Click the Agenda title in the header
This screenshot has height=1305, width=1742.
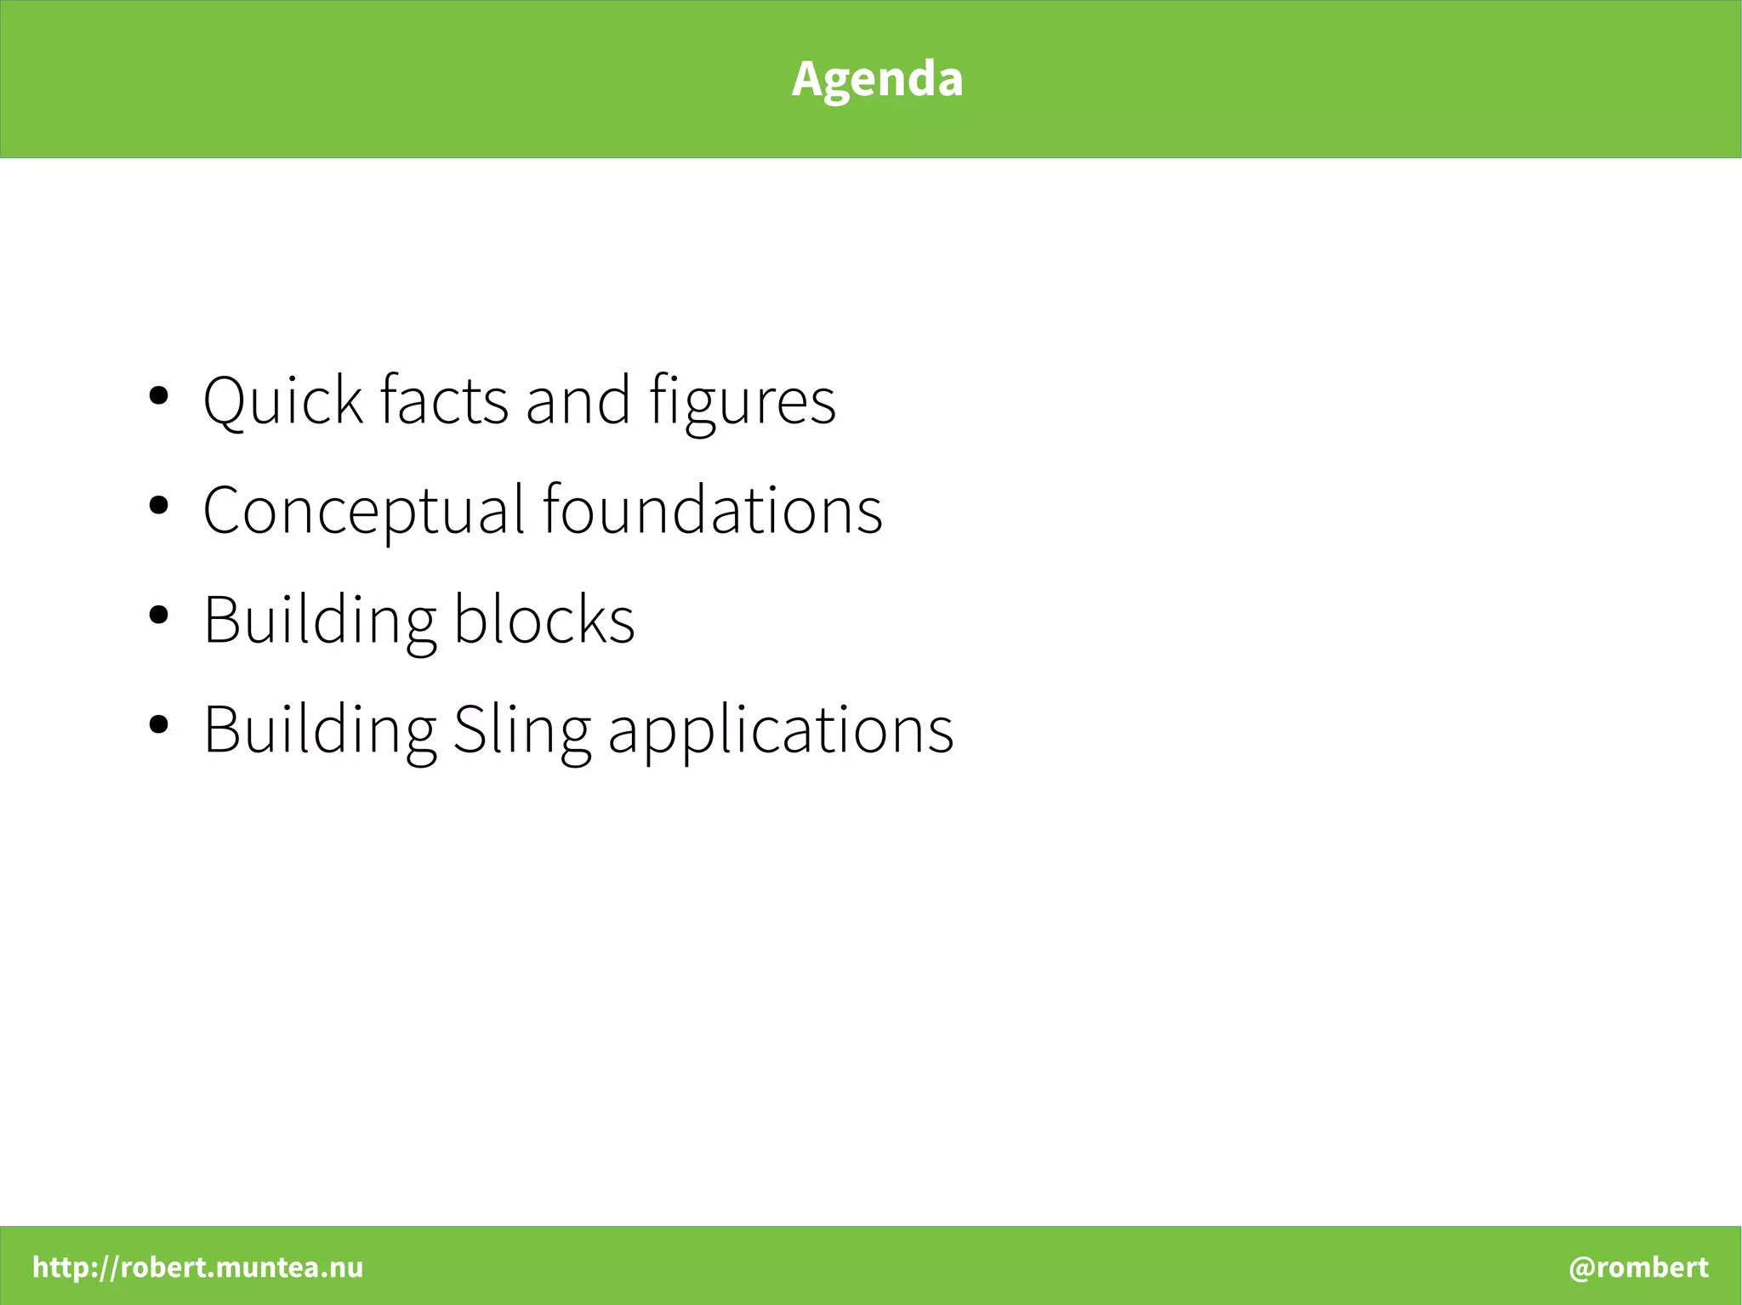coord(877,79)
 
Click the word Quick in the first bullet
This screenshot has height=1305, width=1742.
coord(282,400)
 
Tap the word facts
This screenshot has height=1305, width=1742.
coord(443,400)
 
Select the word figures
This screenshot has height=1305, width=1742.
coord(742,401)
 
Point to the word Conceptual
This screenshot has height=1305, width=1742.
coord(364,510)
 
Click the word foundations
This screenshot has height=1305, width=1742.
coord(713,510)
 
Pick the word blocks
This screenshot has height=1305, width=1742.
coord(544,619)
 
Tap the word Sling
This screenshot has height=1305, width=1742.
coord(521,729)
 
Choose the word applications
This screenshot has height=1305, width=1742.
coord(781,729)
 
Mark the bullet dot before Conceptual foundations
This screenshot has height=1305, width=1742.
coord(158,505)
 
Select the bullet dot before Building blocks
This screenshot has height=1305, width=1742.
coord(158,615)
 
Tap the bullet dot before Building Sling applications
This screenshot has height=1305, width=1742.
coord(158,724)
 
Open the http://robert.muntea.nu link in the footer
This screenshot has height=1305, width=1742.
coord(197,1267)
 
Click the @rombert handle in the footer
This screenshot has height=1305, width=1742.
coord(1638,1267)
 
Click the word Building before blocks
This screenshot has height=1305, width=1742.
coord(320,619)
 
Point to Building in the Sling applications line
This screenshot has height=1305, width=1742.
coord(320,729)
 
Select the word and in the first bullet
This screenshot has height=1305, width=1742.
coord(578,400)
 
